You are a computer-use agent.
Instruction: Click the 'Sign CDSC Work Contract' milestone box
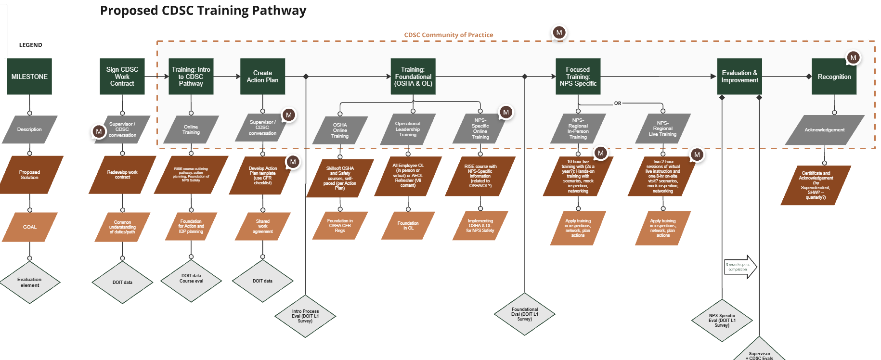(x=122, y=77)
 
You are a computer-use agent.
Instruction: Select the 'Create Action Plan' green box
(x=262, y=77)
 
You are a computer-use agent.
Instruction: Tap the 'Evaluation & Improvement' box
(x=739, y=77)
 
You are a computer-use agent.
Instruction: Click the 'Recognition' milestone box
(x=834, y=77)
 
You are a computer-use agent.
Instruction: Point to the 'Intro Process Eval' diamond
(x=305, y=316)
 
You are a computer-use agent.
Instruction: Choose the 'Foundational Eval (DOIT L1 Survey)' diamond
(x=525, y=314)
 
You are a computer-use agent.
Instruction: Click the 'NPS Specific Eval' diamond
(x=722, y=321)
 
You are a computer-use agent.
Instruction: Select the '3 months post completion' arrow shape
(x=740, y=267)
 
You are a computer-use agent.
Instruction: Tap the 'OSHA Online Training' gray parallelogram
(x=340, y=130)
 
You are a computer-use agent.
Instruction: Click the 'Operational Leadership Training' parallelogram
(x=408, y=129)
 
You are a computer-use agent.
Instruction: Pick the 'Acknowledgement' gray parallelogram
(x=824, y=130)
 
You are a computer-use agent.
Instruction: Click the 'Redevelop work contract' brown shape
(x=122, y=175)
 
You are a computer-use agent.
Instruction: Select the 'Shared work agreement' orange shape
(x=262, y=226)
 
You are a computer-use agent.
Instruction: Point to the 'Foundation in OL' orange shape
(x=408, y=226)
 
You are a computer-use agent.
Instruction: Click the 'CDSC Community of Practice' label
(x=448, y=35)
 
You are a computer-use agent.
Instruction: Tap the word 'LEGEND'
(x=31, y=45)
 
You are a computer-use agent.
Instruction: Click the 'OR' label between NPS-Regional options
(x=617, y=103)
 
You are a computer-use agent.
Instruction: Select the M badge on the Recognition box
(x=853, y=58)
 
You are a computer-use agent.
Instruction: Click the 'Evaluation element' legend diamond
(x=30, y=283)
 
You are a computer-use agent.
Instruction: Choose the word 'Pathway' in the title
(x=279, y=11)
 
